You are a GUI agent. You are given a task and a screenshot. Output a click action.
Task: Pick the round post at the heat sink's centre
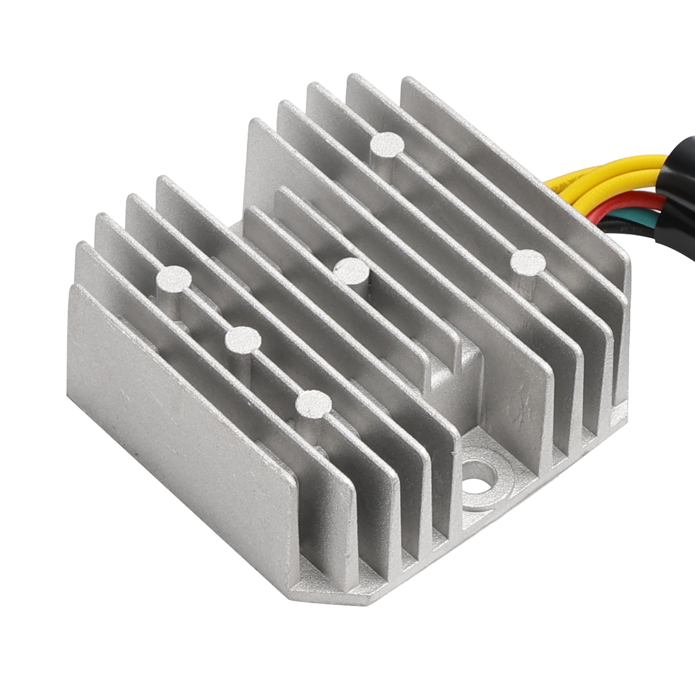point(352,270)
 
